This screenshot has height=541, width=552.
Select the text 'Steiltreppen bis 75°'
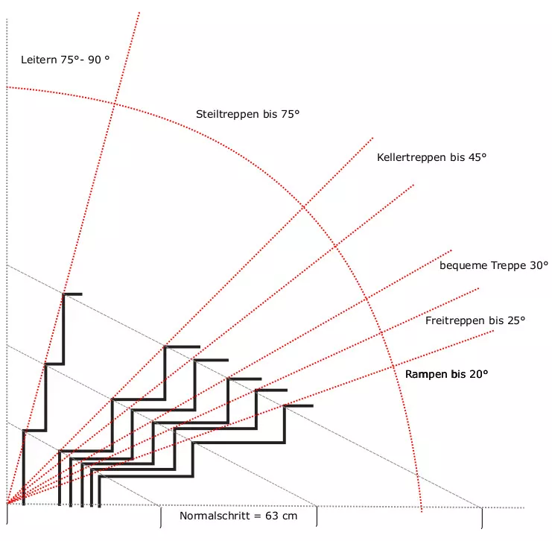tap(247, 115)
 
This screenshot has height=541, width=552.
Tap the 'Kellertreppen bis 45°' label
tap(431, 157)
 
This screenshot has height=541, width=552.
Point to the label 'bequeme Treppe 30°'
tap(493, 265)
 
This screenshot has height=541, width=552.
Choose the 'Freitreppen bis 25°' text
tap(475, 320)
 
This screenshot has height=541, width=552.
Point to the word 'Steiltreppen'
tap(226, 115)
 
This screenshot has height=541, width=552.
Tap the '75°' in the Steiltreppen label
tap(289, 115)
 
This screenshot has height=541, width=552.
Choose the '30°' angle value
tap(538, 265)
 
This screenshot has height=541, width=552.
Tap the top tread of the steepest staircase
tap(72, 294)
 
